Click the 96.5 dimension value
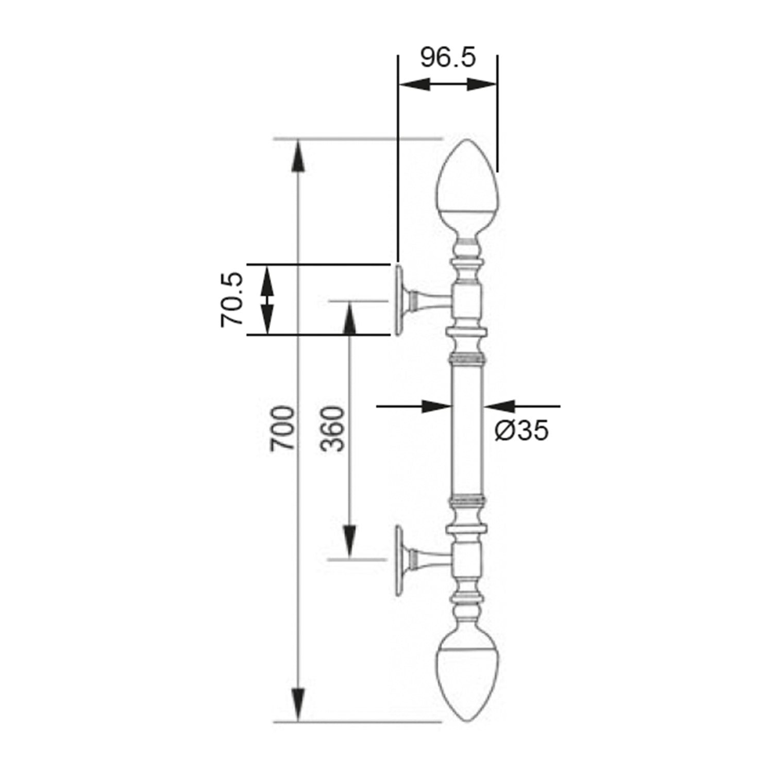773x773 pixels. pyautogui.click(x=448, y=57)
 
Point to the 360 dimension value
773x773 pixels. pyautogui.click(x=331, y=429)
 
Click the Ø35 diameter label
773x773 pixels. pyautogui.click(x=522, y=430)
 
